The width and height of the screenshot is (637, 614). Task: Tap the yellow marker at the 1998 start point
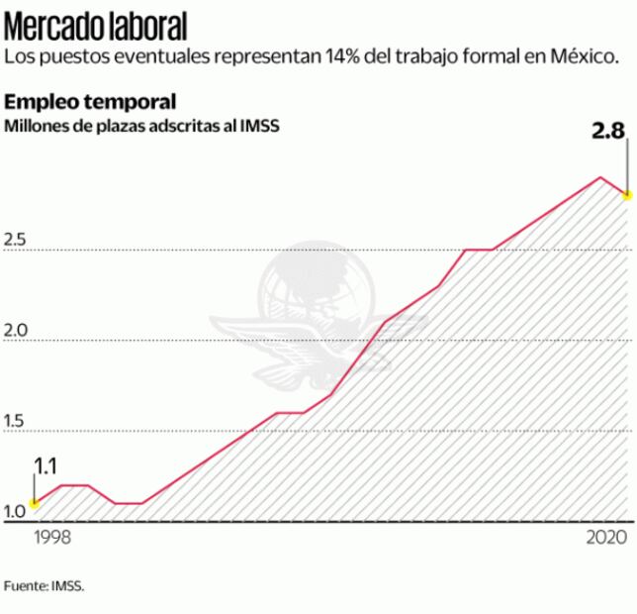(x=35, y=503)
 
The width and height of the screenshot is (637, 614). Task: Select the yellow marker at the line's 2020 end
(x=626, y=195)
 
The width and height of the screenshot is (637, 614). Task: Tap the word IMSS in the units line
(x=261, y=126)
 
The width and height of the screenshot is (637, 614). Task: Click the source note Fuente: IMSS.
(x=45, y=585)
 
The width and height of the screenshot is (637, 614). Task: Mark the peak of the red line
(x=599, y=177)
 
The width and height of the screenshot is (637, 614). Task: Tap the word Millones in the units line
(x=38, y=126)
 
